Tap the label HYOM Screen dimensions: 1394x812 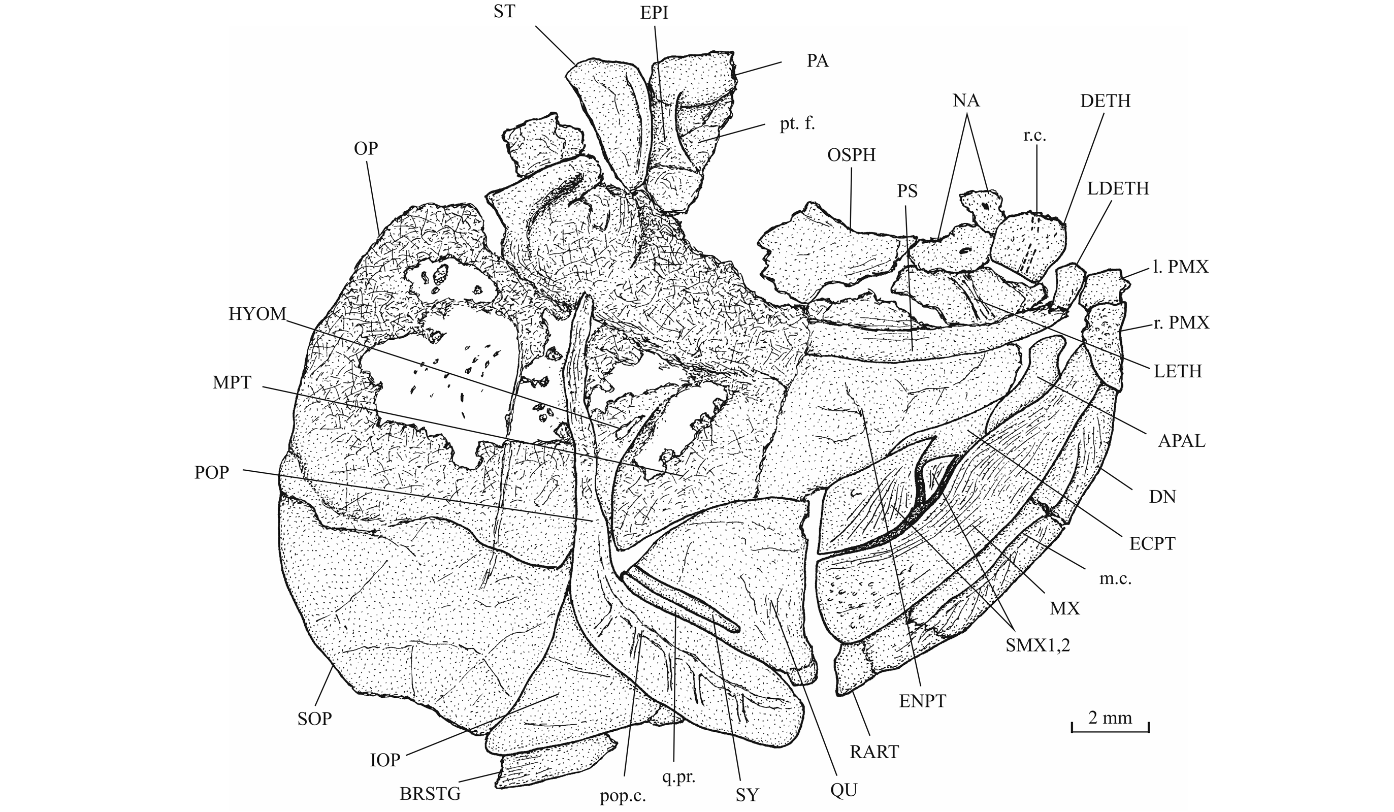(x=257, y=314)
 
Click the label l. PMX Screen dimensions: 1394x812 (x=1181, y=267)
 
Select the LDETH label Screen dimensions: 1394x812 (x=1118, y=188)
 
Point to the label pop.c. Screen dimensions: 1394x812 (x=624, y=797)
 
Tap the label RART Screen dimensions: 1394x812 (x=874, y=752)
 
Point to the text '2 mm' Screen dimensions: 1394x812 (x=1110, y=718)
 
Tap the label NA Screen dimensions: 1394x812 (x=966, y=101)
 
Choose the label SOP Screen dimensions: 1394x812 (x=315, y=719)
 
